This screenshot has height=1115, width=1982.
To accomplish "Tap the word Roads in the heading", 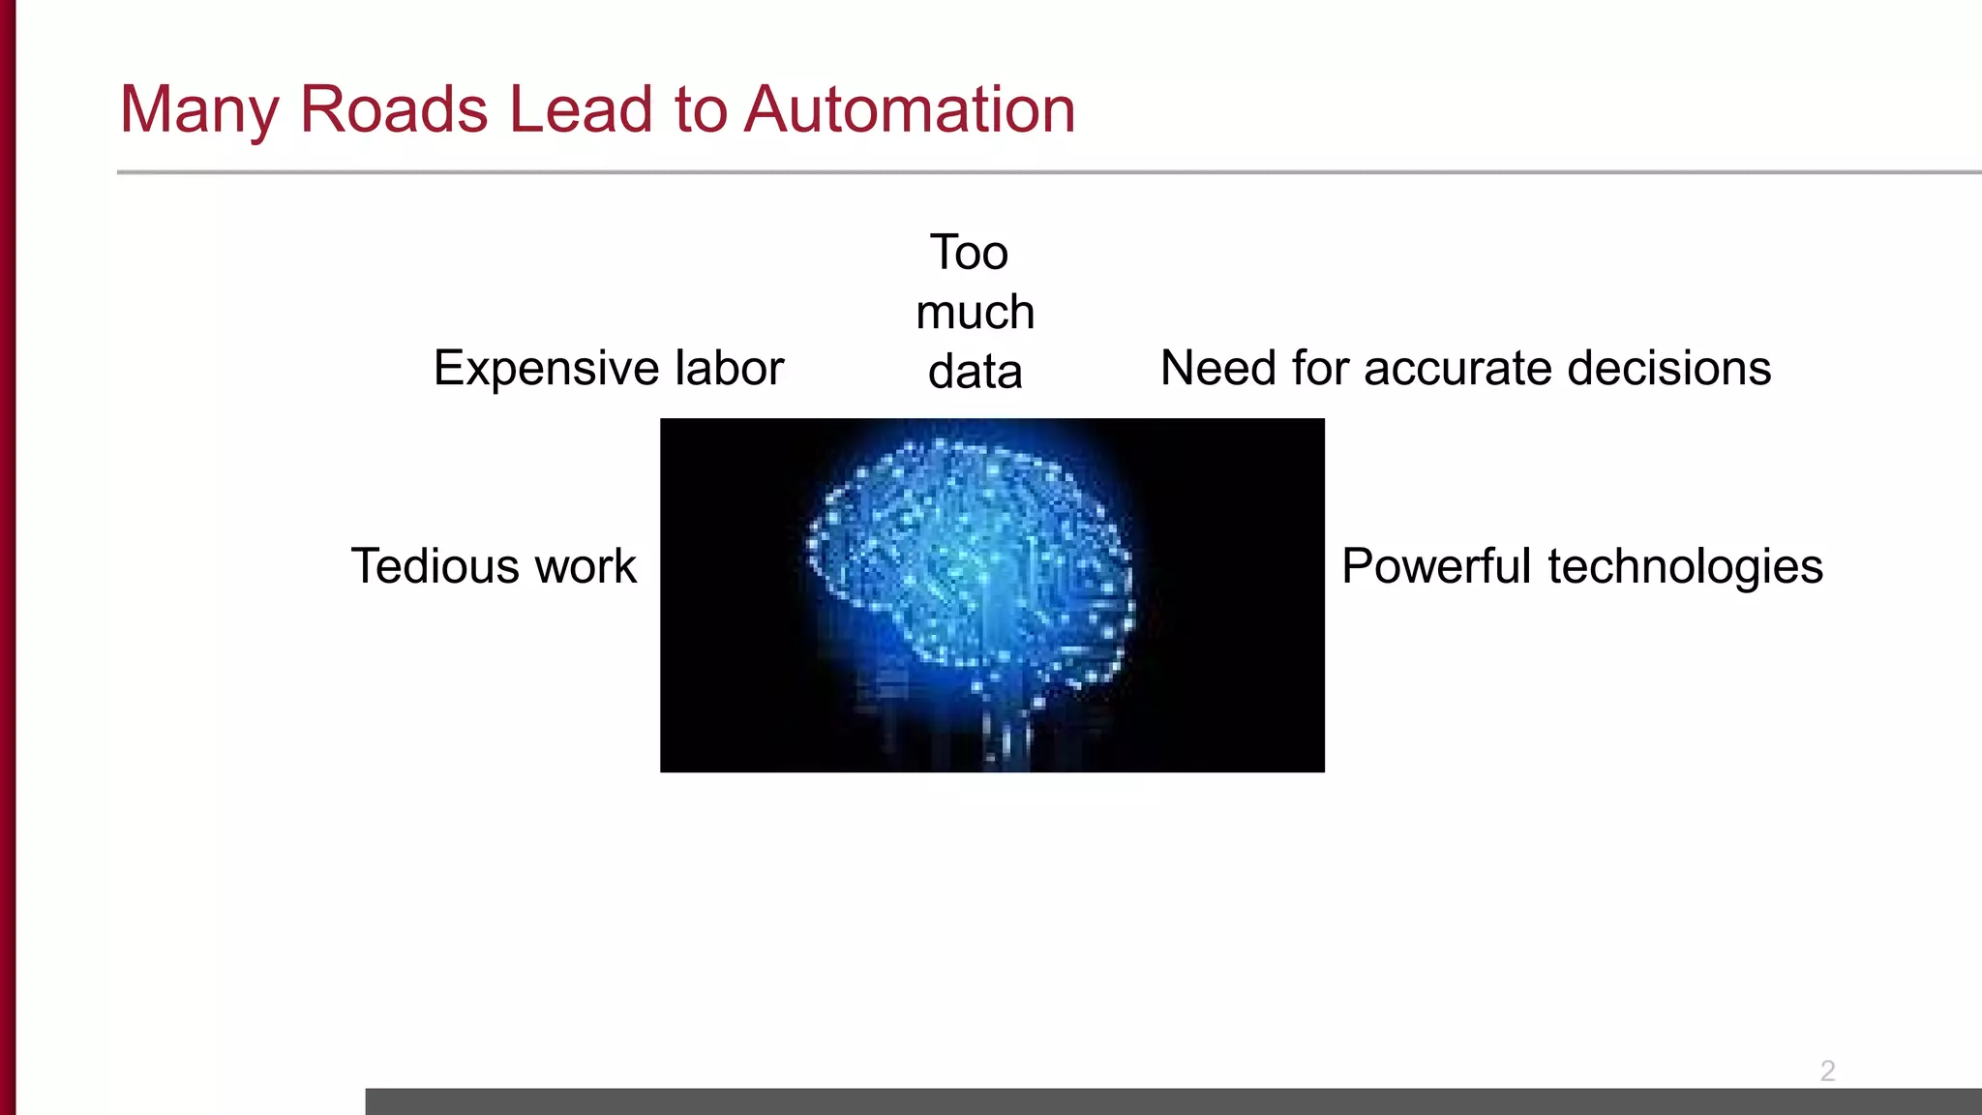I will point(394,108).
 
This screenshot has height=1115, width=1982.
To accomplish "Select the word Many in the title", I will point(199,110).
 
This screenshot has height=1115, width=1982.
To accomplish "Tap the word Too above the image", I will point(970,253).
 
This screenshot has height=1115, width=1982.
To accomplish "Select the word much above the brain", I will point(976,313).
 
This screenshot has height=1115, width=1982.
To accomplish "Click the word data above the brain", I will point(976,372).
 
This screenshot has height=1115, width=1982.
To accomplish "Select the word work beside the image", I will point(586,566).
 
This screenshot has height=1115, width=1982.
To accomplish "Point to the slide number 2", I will point(1827,1070).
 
